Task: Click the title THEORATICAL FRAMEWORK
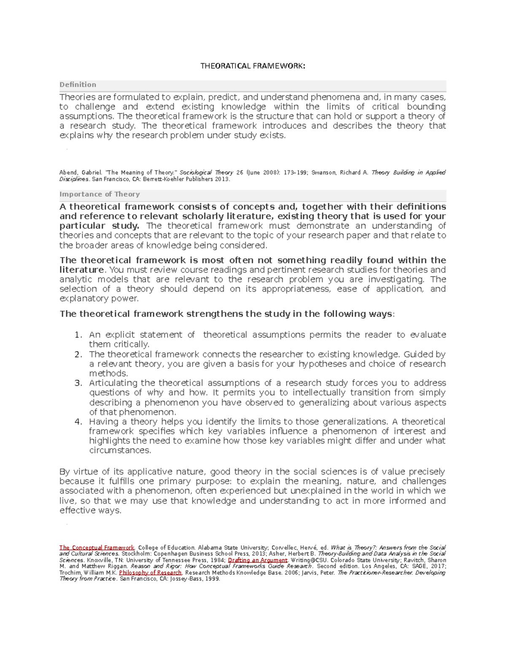252,66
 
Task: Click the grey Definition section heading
78,85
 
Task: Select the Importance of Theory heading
100,194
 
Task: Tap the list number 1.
77,335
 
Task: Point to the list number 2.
77,355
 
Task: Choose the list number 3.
77,383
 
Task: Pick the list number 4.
77,422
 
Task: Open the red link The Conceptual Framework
97,548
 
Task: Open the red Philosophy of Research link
150,573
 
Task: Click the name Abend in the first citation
68,173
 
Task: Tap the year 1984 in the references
216,561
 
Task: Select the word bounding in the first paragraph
426,107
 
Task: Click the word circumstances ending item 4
119,450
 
